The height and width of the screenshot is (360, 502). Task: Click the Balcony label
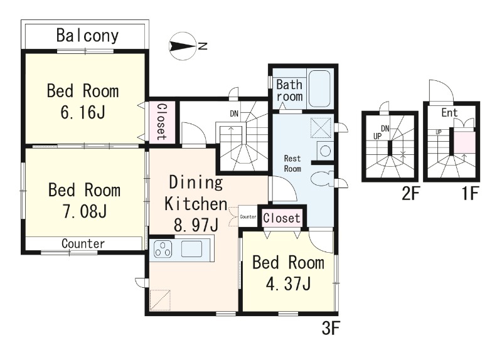87,36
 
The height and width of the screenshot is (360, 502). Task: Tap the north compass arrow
183,46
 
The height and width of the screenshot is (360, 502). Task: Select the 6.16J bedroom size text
83,112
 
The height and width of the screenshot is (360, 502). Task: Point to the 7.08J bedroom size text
85,211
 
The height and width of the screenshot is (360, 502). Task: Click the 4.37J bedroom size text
289,283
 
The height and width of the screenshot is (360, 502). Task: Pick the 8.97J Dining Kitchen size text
196,225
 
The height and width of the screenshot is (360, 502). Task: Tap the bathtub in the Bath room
319,88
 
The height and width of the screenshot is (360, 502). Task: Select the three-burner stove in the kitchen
163,248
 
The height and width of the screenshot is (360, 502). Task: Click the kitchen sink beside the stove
191,248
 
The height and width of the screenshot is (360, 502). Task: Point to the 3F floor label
331,328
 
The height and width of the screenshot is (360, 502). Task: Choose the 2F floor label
411,194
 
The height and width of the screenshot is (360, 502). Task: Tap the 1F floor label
470,194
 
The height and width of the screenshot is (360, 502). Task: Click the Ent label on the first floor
449,113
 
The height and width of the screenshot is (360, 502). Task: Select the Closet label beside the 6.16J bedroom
162,122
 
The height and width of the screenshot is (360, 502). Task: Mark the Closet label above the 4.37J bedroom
282,218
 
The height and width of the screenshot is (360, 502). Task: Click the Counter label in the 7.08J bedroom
83,244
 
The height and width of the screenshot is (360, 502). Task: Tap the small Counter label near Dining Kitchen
248,216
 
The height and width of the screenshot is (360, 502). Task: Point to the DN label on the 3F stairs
234,114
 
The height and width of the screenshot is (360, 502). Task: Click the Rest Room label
292,164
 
